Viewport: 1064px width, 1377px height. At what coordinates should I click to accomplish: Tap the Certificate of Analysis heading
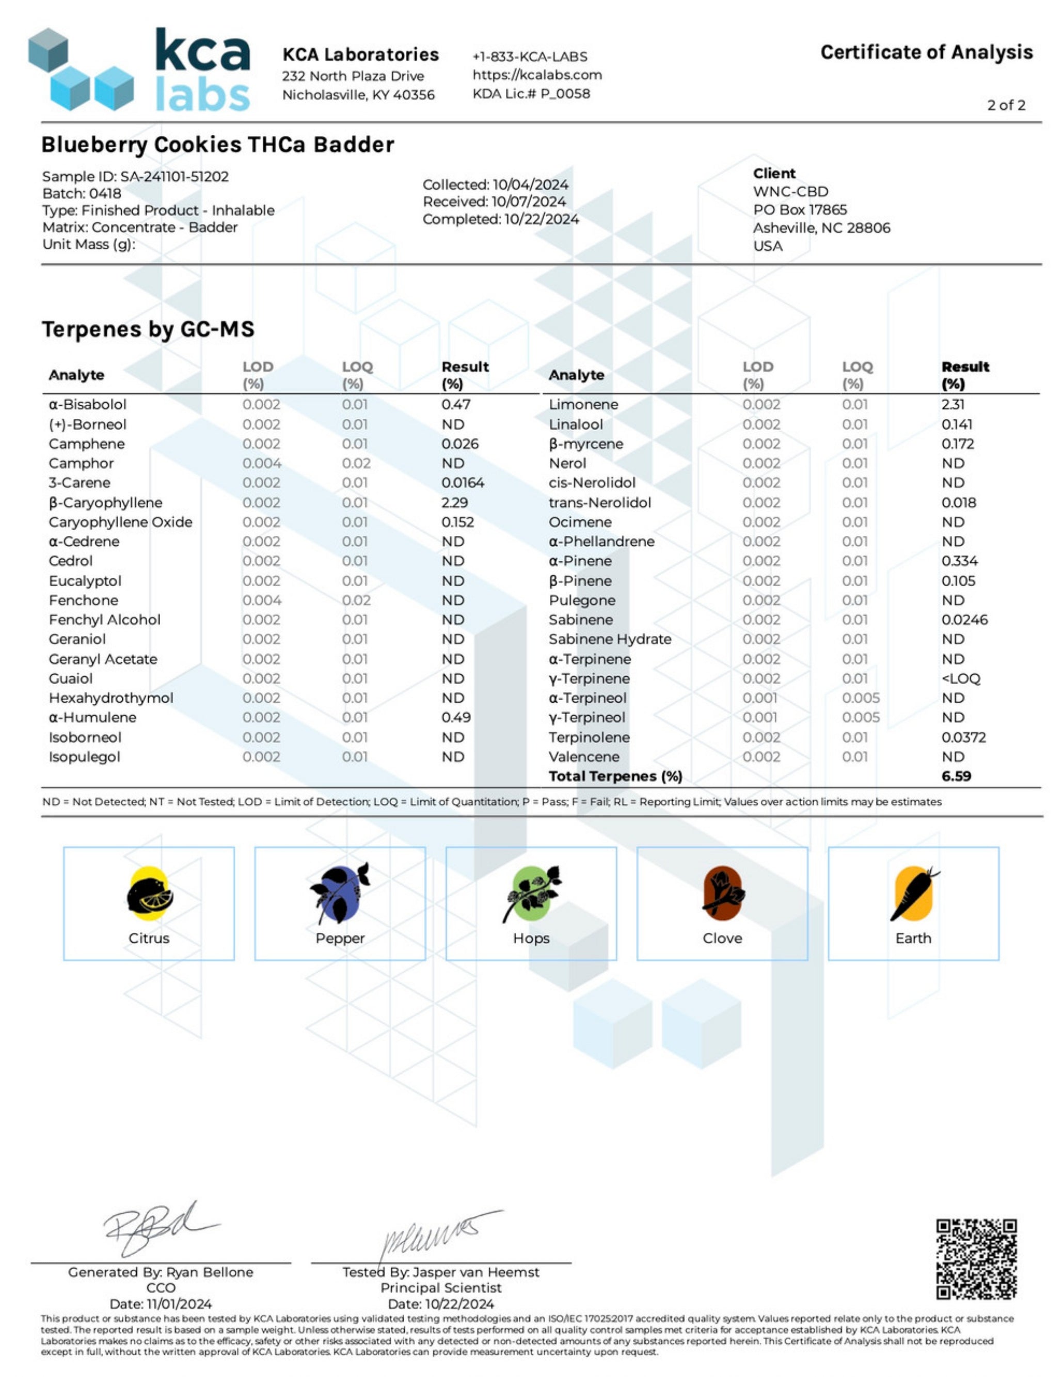pyautogui.click(x=926, y=52)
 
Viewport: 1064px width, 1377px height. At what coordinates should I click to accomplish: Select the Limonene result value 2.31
pyautogui.click(x=952, y=405)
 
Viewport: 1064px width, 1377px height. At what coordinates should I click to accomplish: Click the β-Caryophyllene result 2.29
pyautogui.click(x=454, y=502)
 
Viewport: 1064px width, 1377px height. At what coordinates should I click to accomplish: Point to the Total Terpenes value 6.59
pyautogui.click(x=956, y=776)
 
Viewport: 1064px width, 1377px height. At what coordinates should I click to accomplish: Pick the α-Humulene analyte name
pyautogui.click(x=92, y=718)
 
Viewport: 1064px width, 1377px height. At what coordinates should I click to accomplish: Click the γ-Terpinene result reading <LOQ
pyautogui.click(x=961, y=678)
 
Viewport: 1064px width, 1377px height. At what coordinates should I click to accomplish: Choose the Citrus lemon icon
pyautogui.click(x=149, y=894)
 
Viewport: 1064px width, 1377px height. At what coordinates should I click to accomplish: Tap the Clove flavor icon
pyautogui.click(x=722, y=894)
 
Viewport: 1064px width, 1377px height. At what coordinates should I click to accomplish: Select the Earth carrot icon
pyautogui.click(x=913, y=894)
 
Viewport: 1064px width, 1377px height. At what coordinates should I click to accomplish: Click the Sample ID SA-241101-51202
pyautogui.click(x=174, y=177)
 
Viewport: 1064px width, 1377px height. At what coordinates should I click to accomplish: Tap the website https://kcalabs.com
pyautogui.click(x=537, y=75)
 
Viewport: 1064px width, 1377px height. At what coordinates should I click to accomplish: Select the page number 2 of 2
pyautogui.click(x=1006, y=105)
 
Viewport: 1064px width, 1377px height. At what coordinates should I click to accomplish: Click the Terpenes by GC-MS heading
pyautogui.click(x=148, y=329)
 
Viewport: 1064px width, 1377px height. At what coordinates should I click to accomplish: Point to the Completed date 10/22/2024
pyautogui.click(x=541, y=219)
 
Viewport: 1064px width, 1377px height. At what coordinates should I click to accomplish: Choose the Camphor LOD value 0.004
pyautogui.click(x=262, y=464)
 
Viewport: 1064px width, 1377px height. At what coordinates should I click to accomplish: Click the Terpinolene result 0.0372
pyautogui.click(x=963, y=737)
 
